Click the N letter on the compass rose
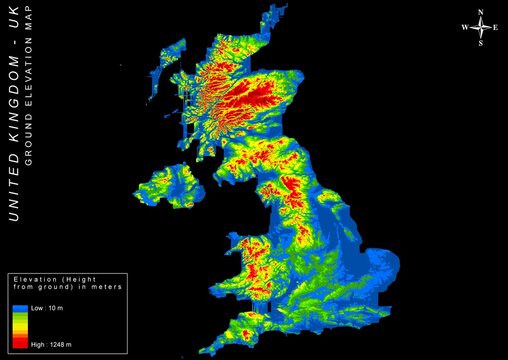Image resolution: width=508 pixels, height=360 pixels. pos(481,13)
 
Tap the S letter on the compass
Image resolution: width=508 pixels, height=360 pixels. pos(481,44)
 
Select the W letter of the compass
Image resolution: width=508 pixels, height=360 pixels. pos(465,29)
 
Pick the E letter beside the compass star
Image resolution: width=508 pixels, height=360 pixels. pos(496,29)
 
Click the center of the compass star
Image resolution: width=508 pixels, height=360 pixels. pos(481,29)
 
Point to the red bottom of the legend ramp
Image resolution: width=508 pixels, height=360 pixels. pos(19,342)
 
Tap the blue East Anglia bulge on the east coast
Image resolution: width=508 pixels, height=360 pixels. pos(380,265)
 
